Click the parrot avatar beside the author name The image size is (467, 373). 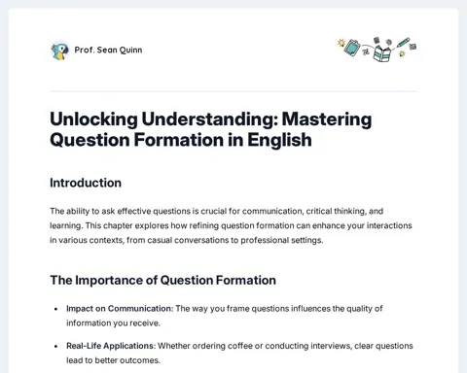point(60,51)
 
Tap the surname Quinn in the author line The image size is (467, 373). point(130,51)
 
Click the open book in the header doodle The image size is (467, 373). point(382,53)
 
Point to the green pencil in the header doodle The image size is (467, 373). point(404,42)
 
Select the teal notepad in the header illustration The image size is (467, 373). point(352,48)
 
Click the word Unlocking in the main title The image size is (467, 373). point(94,119)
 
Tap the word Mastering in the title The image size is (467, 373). point(327,119)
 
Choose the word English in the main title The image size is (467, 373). point(279,140)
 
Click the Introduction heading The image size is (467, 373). point(86,183)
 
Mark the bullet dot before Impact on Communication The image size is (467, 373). point(55,309)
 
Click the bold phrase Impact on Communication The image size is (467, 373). point(119,309)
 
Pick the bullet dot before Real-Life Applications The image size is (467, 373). point(55,346)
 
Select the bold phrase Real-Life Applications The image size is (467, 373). point(111,346)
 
